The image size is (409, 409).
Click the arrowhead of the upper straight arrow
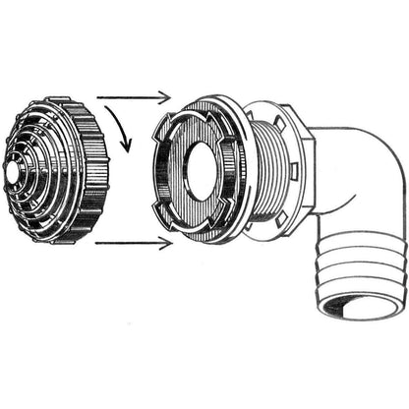point(166,96)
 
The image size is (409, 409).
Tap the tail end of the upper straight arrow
point(98,96)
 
